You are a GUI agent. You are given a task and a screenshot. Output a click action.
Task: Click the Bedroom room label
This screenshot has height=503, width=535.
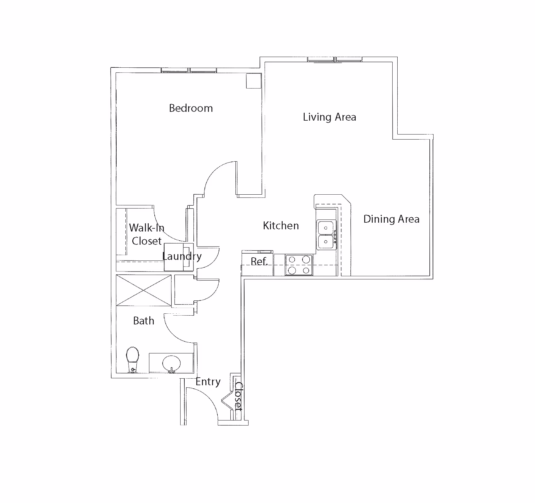pyautogui.click(x=191, y=108)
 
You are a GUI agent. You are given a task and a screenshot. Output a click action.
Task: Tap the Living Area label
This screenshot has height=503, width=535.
pyautogui.click(x=330, y=117)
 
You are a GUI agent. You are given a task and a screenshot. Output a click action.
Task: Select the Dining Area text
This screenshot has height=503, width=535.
pyautogui.click(x=391, y=219)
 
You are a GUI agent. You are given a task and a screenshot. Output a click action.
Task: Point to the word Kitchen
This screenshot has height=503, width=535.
pyautogui.click(x=281, y=226)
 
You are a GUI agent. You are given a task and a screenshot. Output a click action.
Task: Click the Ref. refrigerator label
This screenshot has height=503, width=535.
pyautogui.click(x=259, y=261)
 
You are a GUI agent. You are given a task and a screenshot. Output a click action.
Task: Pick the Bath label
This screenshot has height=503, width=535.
pyautogui.click(x=144, y=321)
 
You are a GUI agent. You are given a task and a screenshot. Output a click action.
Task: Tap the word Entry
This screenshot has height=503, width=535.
pyautogui.click(x=208, y=382)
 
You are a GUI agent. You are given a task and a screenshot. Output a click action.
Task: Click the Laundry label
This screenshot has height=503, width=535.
pyautogui.click(x=182, y=256)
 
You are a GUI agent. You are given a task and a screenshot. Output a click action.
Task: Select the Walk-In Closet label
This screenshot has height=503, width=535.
pyautogui.click(x=147, y=234)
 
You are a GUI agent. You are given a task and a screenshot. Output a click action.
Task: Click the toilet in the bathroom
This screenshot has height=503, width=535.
pyautogui.click(x=132, y=359)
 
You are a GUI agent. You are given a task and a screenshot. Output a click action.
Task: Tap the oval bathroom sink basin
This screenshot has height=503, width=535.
pyautogui.click(x=171, y=364)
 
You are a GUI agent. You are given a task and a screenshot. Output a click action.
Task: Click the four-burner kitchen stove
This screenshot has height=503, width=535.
pyautogui.click(x=299, y=265)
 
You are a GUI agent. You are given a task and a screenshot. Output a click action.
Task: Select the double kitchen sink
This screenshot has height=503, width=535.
pyautogui.click(x=326, y=235)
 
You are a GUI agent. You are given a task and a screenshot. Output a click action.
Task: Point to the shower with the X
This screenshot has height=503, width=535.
pyautogui.click(x=144, y=290)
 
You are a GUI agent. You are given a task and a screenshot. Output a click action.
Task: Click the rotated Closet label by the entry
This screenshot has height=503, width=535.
pyautogui.click(x=239, y=396)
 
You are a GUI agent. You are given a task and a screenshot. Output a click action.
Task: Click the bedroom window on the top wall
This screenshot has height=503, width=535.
pyautogui.click(x=189, y=70)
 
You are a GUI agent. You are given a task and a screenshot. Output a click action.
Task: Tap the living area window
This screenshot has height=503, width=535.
pyautogui.click(x=335, y=59)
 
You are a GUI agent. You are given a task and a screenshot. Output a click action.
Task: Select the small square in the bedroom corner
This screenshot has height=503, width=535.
pyautogui.click(x=254, y=81)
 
